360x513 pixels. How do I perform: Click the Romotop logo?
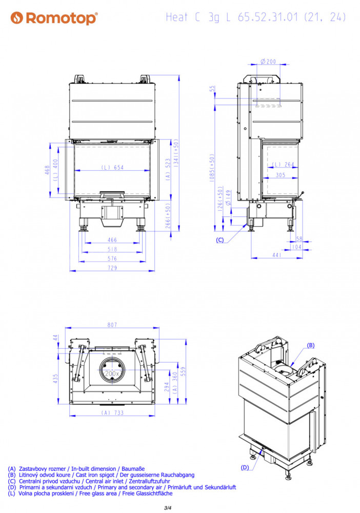[54, 18]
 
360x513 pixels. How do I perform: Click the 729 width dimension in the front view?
[112, 268]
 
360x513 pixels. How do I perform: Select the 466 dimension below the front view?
[112, 240]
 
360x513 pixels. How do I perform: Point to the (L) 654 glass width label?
[112, 168]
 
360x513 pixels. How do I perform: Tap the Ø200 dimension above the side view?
[268, 62]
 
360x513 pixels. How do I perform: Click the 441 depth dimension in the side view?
[277, 255]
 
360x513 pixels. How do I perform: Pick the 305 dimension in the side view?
[281, 175]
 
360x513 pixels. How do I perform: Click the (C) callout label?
[219, 240]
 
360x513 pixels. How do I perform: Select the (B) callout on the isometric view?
[311, 345]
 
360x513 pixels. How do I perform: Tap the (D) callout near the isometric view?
[245, 467]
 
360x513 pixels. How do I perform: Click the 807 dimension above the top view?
[112, 325]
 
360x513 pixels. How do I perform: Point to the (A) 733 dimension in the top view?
[112, 413]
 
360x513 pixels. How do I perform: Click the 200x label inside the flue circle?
[112, 373]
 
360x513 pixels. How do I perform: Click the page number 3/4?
[167, 508]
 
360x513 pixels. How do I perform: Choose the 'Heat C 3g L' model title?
[198, 17]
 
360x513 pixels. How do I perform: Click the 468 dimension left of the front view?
[47, 170]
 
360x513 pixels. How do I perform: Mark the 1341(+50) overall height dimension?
[176, 153]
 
